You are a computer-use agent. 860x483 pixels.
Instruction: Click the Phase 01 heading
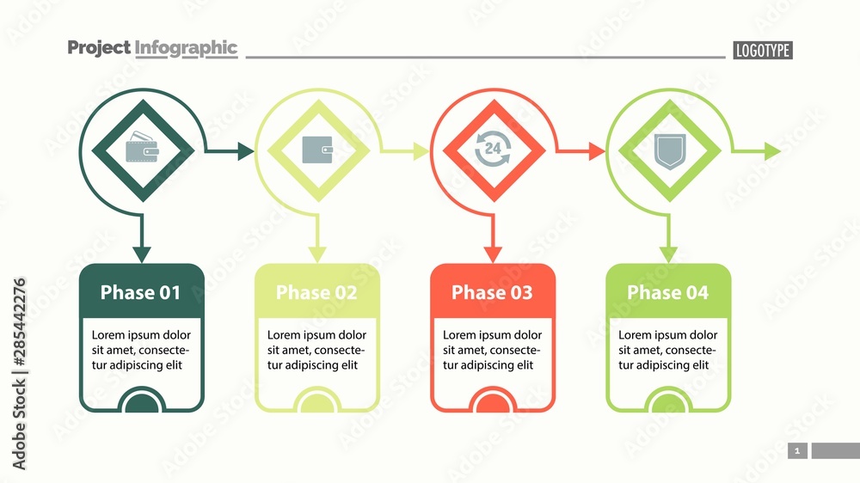[x=141, y=292]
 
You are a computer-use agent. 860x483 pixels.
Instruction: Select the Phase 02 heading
[x=316, y=292]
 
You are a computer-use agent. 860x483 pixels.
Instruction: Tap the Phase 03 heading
[x=492, y=292]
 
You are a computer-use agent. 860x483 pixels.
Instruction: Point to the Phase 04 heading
[x=667, y=292]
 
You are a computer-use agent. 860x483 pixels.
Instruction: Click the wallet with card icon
[x=143, y=150]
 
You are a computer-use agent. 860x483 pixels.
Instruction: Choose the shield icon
[x=668, y=150]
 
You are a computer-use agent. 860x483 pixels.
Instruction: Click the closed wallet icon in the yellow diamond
[x=318, y=150]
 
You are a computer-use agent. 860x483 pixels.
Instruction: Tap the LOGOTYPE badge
[x=762, y=51]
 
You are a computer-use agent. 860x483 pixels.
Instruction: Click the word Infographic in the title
[x=186, y=48]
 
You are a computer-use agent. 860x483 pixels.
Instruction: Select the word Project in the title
[x=99, y=48]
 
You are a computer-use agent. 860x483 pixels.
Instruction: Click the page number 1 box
[x=797, y=450]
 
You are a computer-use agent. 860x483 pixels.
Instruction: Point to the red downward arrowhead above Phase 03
[x=493, y=254]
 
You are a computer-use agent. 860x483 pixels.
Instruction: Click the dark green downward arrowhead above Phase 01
[x=142, y=254]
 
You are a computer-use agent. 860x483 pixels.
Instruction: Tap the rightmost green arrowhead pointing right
[x=772, y=151]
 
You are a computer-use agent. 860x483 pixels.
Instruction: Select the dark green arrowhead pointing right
[x=246, y=151]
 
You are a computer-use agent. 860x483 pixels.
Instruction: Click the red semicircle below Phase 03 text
[x=493, y=401]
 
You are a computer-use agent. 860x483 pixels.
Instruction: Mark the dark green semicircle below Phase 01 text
[x=142, y=401]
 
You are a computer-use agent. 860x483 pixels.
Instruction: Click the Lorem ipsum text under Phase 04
[x=667, y=350]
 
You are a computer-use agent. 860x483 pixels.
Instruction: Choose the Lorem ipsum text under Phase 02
[x=316, y=350]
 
